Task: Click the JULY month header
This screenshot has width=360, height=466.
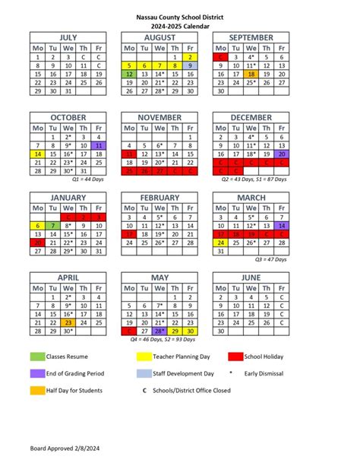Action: [x=68, y=37]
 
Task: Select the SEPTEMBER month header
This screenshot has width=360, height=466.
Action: [x=251, y=37]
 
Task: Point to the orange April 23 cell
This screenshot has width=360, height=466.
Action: [x=68, y=322]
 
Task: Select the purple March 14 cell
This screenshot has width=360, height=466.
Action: [x=282, y=226]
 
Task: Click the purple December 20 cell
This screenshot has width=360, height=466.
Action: [x=282, y=154]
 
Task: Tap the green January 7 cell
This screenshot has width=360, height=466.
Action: [x=52, y=226]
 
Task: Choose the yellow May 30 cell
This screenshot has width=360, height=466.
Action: [x=191, y=331]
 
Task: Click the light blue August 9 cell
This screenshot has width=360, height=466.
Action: [x=191, y=66]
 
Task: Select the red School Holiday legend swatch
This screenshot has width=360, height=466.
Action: [x=235, y=356]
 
